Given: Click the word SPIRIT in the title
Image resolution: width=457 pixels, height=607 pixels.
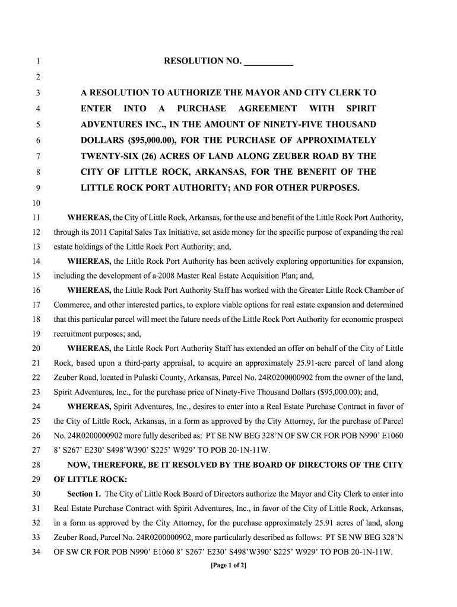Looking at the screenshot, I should (360, 108).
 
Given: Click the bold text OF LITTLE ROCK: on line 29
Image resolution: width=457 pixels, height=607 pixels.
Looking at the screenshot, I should (90, 479).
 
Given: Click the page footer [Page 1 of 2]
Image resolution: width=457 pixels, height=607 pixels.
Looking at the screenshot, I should (228, 565).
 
